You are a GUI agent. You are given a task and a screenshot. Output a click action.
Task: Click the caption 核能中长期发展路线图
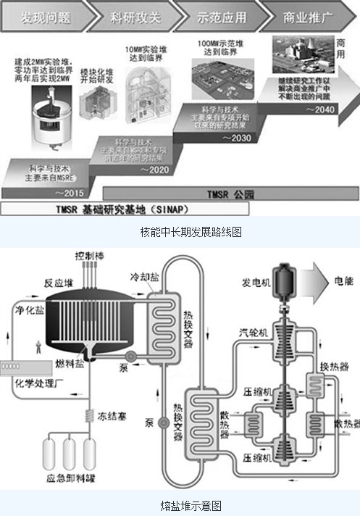click(x=181, y=233)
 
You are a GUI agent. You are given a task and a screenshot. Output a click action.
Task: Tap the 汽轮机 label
click(x=254, y=333)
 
